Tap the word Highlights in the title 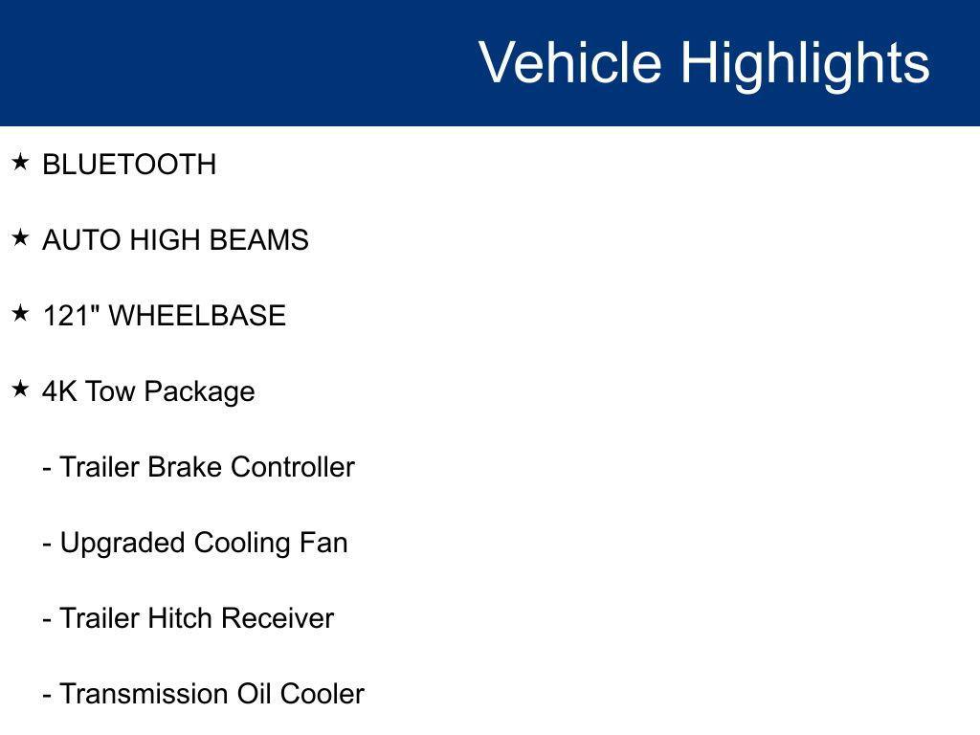tap(805, 64)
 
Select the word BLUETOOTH tap(129, 165)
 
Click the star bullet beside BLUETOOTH tap(20, 163)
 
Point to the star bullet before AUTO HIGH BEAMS tap(20, 238)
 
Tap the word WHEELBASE tap(197, 316)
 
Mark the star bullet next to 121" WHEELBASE tap(20, 314)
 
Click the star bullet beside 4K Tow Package tap(20, 390)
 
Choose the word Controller tap(293, 467)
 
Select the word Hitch tap(180, 618)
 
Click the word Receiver tap(278, 618)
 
